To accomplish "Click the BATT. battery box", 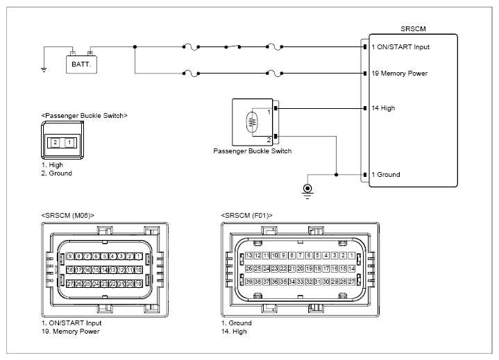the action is tap(81, 65).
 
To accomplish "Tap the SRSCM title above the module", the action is tap(413, 29).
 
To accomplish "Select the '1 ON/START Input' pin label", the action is tap(400, 47).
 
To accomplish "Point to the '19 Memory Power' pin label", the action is tap(400, 74).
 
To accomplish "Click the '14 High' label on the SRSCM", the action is tap(384, 108).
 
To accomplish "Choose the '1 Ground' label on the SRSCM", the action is tap(386, 175).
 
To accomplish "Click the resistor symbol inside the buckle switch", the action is tap(252, 122).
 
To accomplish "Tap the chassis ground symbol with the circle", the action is tap(307, 191).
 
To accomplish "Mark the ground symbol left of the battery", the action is tap(44, 69).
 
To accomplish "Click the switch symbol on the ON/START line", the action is tap(232, 46).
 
